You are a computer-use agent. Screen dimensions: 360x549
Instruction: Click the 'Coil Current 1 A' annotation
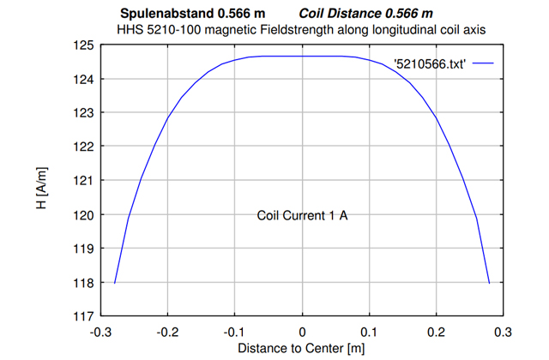coord(302,215)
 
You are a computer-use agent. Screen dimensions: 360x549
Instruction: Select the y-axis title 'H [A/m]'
coord(41,180)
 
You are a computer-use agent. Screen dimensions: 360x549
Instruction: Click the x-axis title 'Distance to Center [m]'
coord(302,348)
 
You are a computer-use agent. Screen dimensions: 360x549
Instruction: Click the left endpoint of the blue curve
coord(115,282)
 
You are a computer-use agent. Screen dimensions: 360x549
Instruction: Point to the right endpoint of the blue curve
coord(489,282)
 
